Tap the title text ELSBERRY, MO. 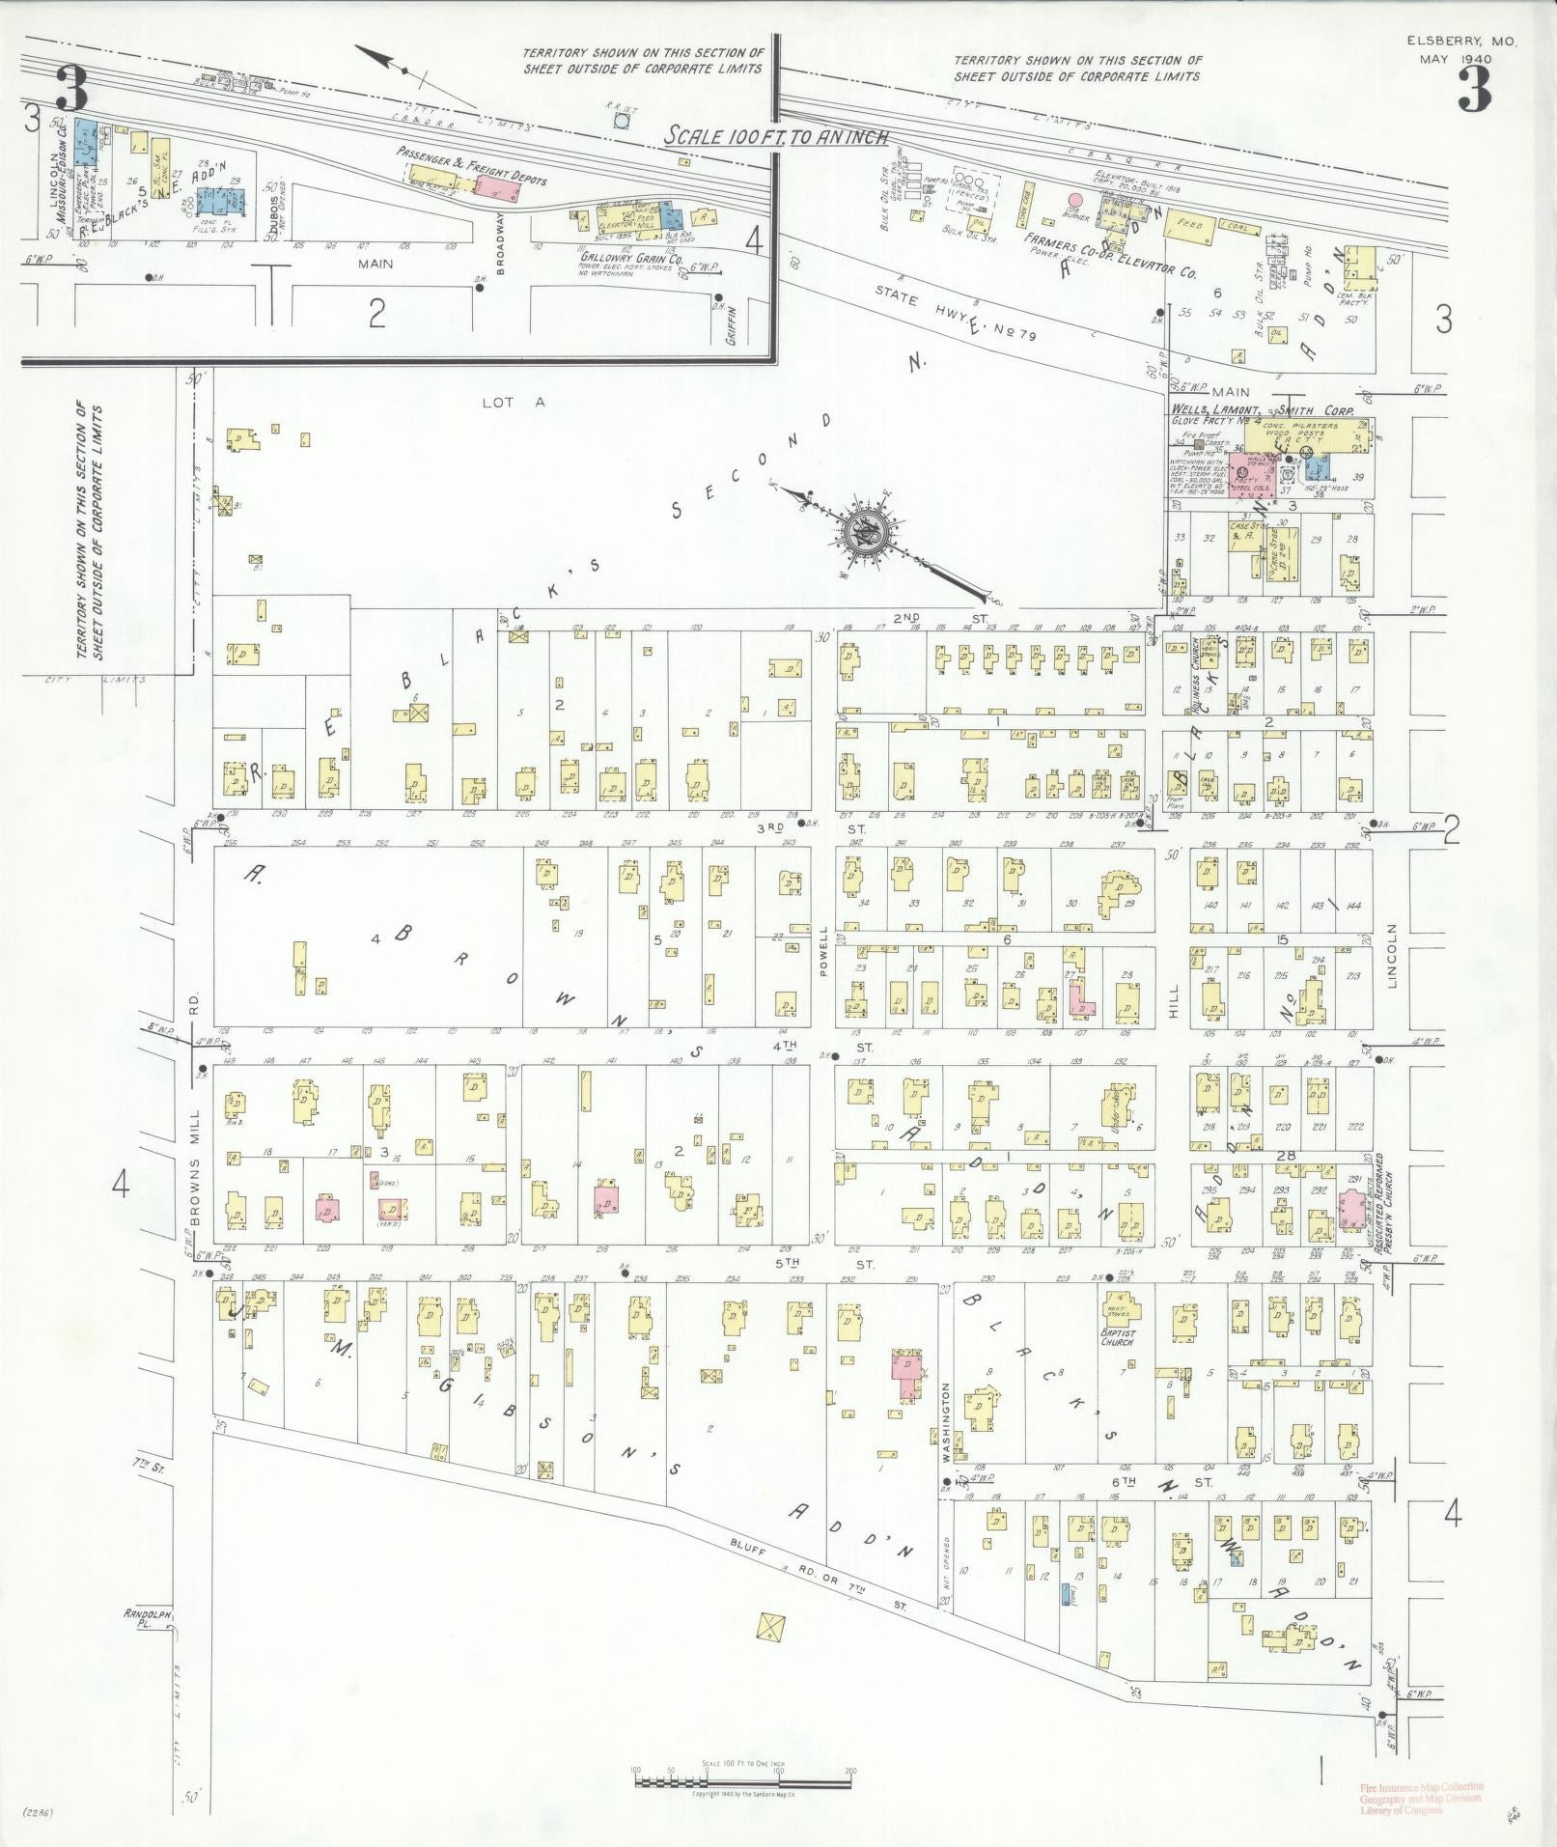click(1461, 42)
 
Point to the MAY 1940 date click(1455, 59)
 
